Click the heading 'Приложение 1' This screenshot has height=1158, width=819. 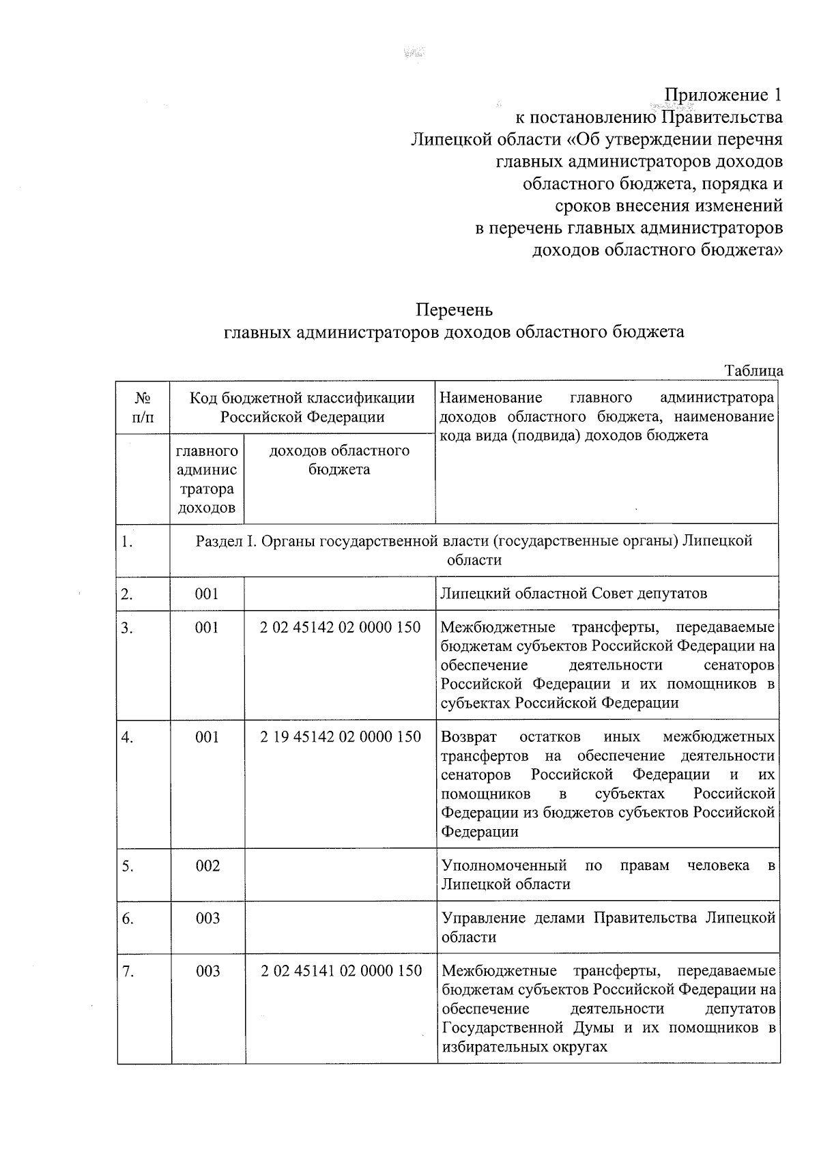pos(723,94)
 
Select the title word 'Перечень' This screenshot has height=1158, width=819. pos(454,310)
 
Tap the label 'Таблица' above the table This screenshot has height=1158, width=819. pos(753,371)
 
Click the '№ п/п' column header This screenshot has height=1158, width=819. pos(142,407)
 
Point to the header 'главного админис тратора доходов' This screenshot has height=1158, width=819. pos(207,479)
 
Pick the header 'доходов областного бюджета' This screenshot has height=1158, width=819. pos(339,460)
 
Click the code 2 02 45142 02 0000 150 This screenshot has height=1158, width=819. pos(340,627)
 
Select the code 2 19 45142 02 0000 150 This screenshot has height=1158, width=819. pos(340,736)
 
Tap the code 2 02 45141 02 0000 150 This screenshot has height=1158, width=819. pos(341,970)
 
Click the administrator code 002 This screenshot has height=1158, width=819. pos(207,865)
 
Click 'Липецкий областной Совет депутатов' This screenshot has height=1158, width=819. pos(573,593)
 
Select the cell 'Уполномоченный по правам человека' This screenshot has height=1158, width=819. pos(607,874)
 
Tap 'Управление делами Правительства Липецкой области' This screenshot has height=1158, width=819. pos(607,927)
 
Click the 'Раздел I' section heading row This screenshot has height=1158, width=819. pos(474,550)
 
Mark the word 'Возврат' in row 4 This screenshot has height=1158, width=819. pos(469,736)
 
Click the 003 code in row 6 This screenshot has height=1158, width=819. pos(207,918)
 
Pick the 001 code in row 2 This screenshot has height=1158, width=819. pos(206,593)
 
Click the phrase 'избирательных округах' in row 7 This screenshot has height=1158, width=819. pos(523,1046)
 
